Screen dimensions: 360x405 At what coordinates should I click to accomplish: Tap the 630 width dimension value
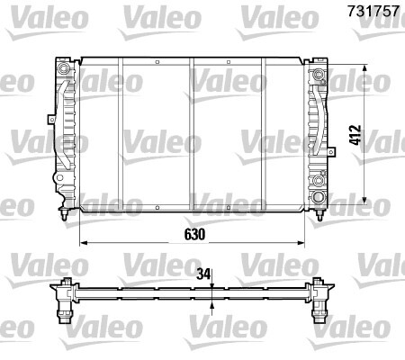195,233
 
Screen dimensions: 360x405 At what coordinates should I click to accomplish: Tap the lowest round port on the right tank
319,197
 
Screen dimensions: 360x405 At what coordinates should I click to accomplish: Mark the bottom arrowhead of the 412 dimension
365,200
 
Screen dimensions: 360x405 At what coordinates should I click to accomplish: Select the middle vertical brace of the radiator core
192,135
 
